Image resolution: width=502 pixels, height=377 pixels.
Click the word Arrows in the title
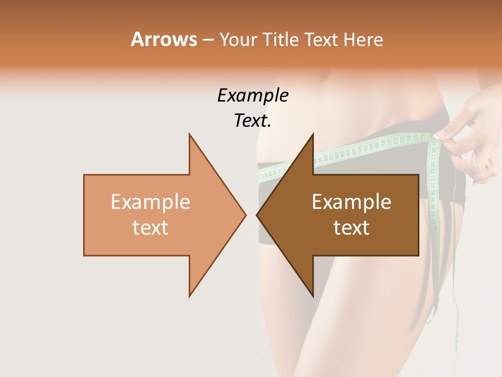tap(163, 40)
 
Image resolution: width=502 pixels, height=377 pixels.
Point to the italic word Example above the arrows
tap(253, 96)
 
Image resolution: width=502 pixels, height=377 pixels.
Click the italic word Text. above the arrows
tap(253, 121)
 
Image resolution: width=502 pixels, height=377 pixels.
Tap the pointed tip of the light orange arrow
tap(245, 215)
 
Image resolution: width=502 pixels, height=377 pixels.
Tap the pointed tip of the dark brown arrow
tap(257, 215)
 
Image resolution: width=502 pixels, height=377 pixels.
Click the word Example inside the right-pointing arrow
tap(151, 202)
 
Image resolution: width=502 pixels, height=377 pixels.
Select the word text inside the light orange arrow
tap(151, 228)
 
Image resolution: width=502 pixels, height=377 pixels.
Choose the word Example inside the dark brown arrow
tap(351, 202)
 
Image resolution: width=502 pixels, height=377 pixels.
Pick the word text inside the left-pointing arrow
tap(351, 228)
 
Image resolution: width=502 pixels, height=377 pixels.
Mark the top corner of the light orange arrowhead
tap(189, 134)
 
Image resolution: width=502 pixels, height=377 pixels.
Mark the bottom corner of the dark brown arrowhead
tap(313, 296)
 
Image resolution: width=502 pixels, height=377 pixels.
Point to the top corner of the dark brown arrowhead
tap(313, 134)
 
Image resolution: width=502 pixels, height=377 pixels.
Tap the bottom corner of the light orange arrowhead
tap(189, 296)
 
